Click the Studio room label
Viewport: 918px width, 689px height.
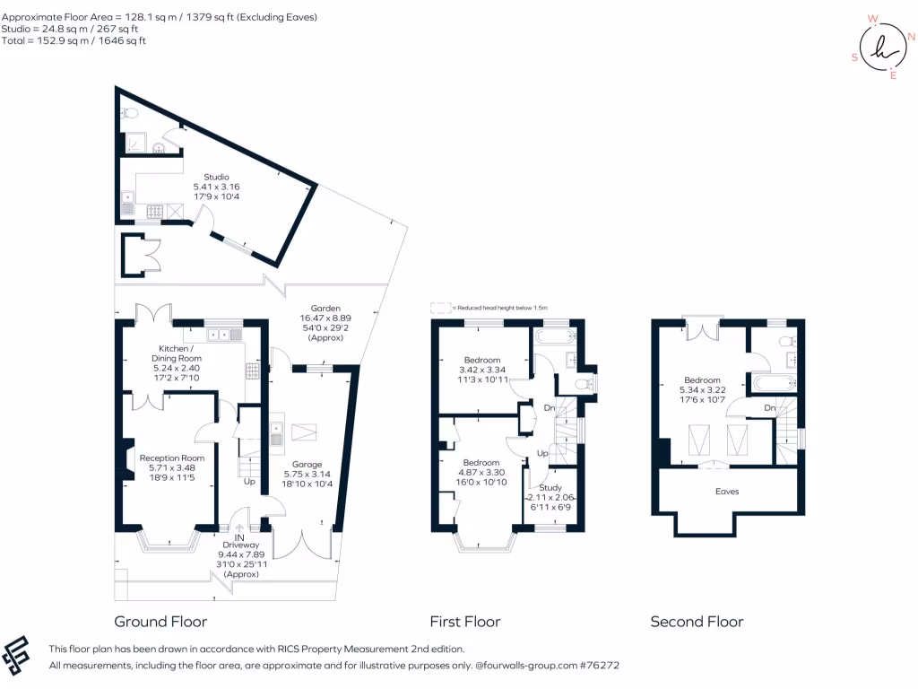point(216,177)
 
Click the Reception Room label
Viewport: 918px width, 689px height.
point(167,458)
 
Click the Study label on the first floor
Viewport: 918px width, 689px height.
point(550,487)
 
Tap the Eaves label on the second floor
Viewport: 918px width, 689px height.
point(727,492)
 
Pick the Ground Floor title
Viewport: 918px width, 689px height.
point(160,622)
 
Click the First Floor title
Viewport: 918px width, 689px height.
point(465,622)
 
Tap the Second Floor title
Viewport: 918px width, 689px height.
point(697,622)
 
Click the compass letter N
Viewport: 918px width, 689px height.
point(911,37)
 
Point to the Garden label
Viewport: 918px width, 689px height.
point(325,308)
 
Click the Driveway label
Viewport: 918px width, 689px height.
point(238,545)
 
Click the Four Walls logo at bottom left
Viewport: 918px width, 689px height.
point(19,656)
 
